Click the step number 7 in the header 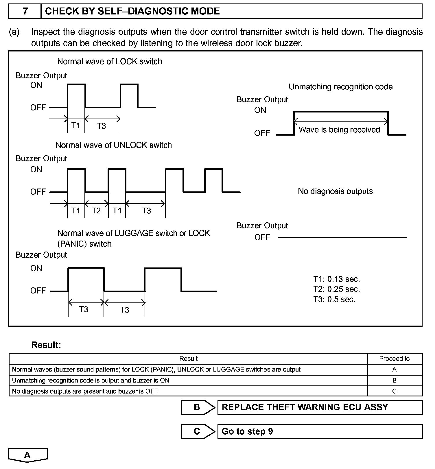coord(25,11)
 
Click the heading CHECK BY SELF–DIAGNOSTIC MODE coord(132,11)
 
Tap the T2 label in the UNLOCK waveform coord(96,211)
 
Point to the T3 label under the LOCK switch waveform coord(101,126)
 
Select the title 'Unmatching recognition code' coord(340,87)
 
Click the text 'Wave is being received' coord(339,130)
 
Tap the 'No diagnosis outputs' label coord(335,191)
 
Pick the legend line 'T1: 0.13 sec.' coord(337,279)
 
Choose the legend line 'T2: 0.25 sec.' coord(337,289)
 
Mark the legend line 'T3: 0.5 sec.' coord(334,299)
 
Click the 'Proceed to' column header coord(394,359)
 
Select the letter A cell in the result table coord(394,370)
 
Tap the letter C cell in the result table coord(394,391)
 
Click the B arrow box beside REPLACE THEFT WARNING coord(198,407)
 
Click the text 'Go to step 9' coord(247,431)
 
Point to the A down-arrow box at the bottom coord(27,455)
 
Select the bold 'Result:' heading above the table coord(46,345)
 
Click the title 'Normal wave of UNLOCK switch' coord(114,145)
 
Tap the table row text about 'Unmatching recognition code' coord(91,381)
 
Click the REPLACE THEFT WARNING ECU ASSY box coord(320,407)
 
